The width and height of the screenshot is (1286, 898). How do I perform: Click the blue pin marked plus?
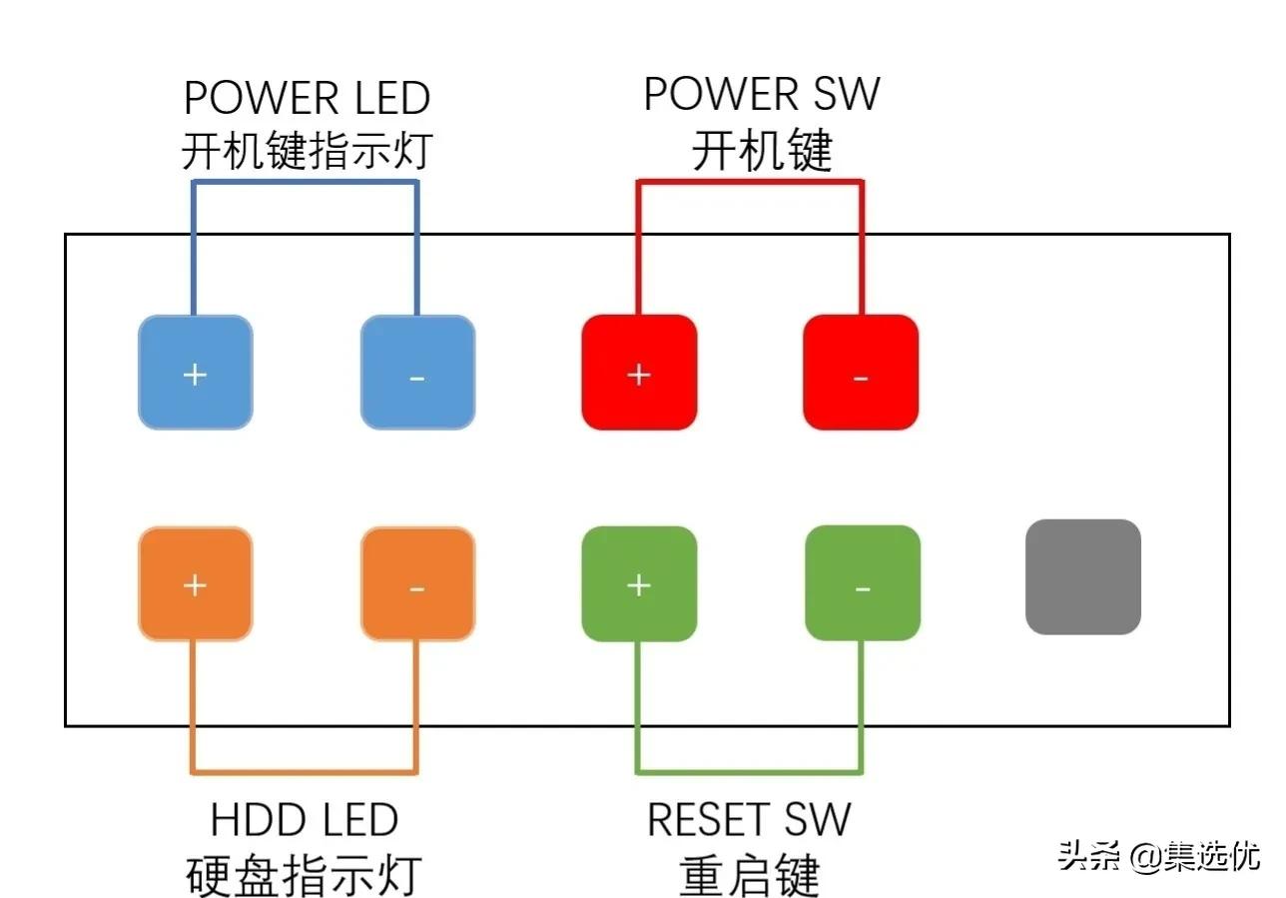click(195, 373)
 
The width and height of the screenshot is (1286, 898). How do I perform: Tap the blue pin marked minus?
click(417, 373)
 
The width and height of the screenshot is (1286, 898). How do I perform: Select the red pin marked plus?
click(639, 373)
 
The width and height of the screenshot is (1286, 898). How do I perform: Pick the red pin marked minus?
click(861, 373)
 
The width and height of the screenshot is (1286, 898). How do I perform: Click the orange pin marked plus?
click(195, 583)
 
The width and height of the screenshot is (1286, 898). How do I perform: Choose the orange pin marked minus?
click(417, 583)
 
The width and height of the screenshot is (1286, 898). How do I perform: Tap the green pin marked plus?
click(639, 583)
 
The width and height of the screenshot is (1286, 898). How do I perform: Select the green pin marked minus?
click(863, 583)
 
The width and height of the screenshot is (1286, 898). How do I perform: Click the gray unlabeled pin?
click(1083, 576)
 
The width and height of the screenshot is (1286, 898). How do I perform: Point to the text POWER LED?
click(307, 98)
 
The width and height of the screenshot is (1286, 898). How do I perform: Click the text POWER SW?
click(762, 94)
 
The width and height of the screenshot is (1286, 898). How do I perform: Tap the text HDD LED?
click(305, 820)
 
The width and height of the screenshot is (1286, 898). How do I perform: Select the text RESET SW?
click(749, 820)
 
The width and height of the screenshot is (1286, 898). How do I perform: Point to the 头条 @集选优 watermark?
click(1158, 856)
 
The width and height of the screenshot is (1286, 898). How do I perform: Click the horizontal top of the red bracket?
click(750, 182)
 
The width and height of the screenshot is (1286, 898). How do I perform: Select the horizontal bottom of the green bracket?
click(750, 771)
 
